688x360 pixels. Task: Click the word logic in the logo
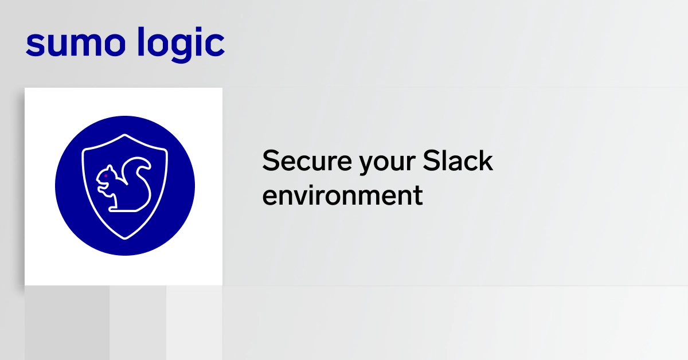tap(181, 45)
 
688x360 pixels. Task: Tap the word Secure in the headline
tap(307, 161)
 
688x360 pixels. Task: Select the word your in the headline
tap(388, 165)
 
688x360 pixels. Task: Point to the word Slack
tap(458, 160)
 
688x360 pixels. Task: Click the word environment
tap(342, 195)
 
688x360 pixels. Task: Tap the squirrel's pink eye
tap(105, 175)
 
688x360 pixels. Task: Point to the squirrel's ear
tap(110, 169)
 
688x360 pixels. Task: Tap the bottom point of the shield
tap(125, 238)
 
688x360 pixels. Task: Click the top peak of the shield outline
tap(125, 135)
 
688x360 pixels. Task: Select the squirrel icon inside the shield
tap(124, 185)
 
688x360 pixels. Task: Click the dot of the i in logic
tap(199, 31)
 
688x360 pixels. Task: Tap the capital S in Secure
tap(271, 160)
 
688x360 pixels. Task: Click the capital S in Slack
tap(431, 160)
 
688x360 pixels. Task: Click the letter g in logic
tap(180, 48)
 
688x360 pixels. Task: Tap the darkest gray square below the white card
tap(67, 323)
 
